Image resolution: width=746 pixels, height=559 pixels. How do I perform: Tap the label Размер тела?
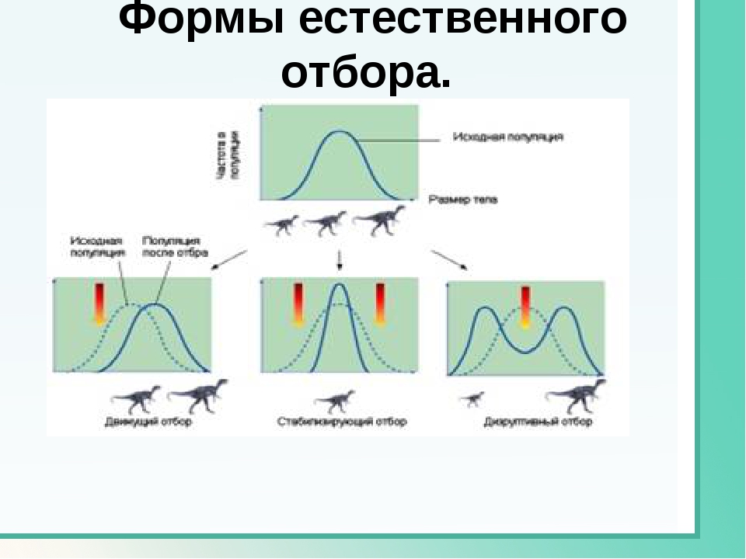[463, 200]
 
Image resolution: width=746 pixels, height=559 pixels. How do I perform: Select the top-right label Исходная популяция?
[508, 137]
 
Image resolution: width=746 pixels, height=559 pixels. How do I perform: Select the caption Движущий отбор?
[148, 422]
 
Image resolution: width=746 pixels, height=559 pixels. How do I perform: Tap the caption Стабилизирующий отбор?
[342, 422]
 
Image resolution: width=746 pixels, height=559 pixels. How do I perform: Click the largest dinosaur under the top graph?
[379, 219]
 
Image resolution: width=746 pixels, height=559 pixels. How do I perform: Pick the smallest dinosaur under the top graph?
[281, 225]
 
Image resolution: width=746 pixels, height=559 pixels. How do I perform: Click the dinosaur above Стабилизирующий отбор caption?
[336, 401]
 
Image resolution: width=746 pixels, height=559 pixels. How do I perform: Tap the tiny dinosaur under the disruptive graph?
[471, 399]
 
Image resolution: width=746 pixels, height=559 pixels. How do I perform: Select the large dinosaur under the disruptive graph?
[577, 394]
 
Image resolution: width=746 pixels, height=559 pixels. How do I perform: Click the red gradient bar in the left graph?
[99, 304]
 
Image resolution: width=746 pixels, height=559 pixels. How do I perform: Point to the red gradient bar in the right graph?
[525, 307]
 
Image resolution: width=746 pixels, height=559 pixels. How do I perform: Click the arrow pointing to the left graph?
[229, 259]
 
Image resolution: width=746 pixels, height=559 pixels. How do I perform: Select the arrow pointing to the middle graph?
[339, 259]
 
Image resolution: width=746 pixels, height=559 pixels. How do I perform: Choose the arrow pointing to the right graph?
[450, 260]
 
